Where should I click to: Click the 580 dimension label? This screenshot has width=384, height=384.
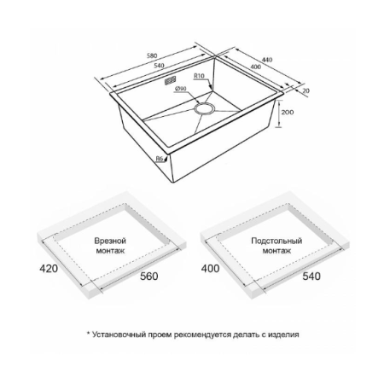[152, 55]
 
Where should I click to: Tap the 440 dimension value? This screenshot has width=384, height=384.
[267, 60]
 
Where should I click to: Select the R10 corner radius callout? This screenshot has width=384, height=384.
[199, 76]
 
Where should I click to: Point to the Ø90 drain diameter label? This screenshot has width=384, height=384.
[181, 89]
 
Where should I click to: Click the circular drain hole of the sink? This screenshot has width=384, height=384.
[204, 108]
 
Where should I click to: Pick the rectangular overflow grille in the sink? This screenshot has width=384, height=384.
[170, 80]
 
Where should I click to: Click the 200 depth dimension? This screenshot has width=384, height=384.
[288, 112]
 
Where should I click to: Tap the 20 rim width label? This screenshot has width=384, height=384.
[306, 91]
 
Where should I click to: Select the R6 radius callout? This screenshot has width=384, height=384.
[160, 159]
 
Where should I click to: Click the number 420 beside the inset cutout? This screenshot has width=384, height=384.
[49, 268]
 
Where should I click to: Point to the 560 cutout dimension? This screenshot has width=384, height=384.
[148, 276]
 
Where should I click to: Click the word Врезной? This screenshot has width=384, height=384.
[110, 241]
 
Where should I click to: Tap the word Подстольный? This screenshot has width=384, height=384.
[276, 241]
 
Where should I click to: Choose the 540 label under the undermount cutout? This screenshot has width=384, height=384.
[311, 276]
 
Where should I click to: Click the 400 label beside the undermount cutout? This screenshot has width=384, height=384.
[210, 268]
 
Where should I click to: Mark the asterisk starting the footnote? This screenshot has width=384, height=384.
[89, 333]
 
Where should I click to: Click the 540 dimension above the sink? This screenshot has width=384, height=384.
[159, 66]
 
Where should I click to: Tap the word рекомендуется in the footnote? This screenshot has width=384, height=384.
[201, 335]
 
